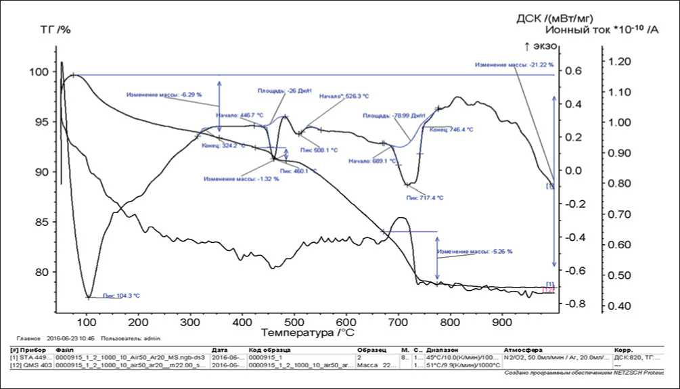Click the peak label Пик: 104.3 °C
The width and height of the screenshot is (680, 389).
(x=121, y=295)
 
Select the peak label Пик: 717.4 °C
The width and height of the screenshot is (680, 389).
(x=425, y=198)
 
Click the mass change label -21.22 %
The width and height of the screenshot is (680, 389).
(x=514, y=65)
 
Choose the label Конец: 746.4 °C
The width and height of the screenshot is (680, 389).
(x=451, y=129)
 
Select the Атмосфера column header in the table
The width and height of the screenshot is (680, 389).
(x=521, y=350)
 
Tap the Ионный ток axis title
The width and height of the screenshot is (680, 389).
(x=601, y=30)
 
